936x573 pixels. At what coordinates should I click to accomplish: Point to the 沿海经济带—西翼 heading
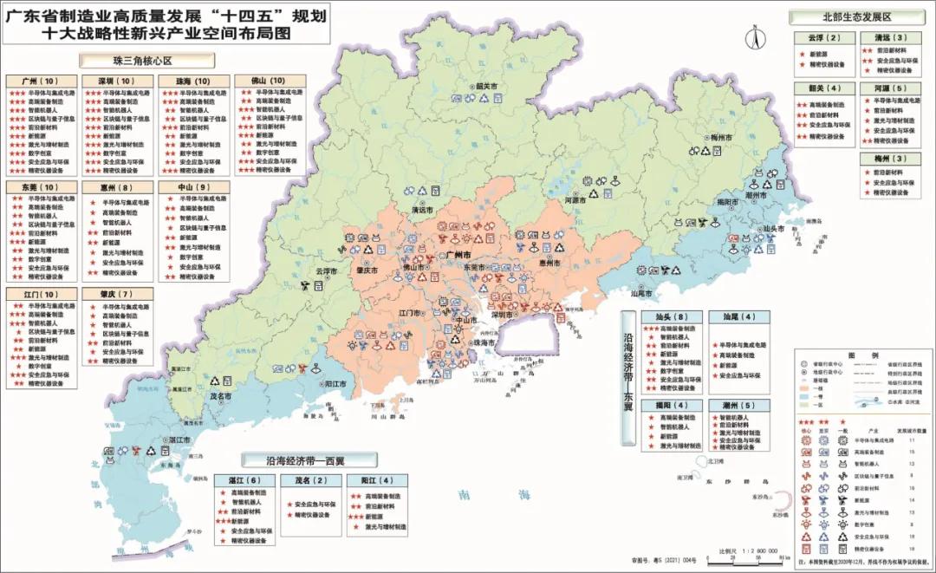[309, 460]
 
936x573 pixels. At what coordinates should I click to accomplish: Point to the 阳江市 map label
[335, 383]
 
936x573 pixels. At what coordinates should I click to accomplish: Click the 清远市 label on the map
[422, 210]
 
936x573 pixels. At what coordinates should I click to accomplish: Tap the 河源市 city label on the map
[575, 200]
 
